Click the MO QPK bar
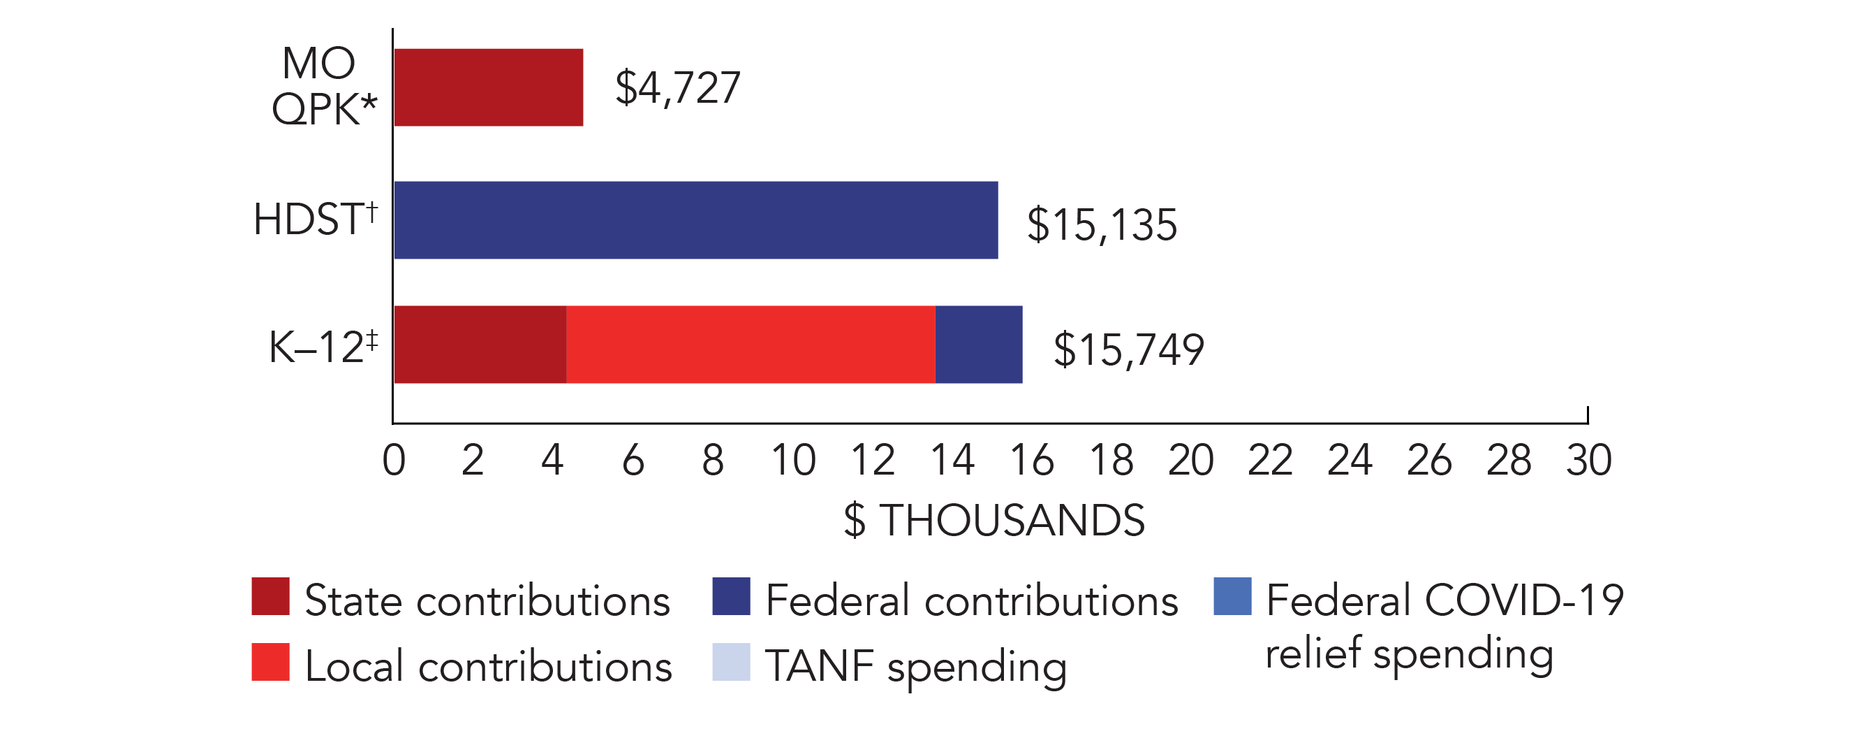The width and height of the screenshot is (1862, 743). pos(489,87)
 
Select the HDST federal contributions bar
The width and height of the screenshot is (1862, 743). pos(696,220)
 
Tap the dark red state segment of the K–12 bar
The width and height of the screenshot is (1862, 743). pos(480,345)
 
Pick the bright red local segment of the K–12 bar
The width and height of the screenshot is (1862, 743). pos(751,345)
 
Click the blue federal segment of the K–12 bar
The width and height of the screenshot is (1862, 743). pos(979,345)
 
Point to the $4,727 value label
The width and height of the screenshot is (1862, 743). pos(677,88)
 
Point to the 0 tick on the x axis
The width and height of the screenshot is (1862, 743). pos(394,460)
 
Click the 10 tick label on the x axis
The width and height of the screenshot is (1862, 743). pos(793,460)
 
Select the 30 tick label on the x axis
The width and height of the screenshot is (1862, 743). pos(1589,460)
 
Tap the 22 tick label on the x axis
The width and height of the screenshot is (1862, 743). pos(1270,460)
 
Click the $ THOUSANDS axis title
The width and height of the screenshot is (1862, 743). pos(994,520)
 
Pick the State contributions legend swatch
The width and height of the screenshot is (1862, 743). pos(270,597)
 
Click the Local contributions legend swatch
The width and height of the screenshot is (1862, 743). pos(270,662)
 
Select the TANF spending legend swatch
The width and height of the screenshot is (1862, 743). pos(731,662)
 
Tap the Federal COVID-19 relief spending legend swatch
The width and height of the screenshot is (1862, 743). pos(1232,597)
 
